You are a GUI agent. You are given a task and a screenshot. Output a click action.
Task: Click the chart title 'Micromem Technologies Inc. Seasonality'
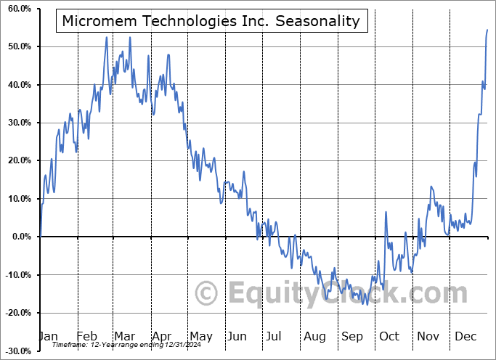(x=211, y=21)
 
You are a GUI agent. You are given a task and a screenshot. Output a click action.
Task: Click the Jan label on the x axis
(x=48, y=336)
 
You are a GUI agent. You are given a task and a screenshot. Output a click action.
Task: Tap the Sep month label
(x=351, y=336)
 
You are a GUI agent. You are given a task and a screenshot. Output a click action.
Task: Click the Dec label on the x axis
(x=465, y=336)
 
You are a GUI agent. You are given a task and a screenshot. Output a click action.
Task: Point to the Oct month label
(x=389, y=336)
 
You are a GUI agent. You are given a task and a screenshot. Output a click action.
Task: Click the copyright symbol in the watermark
(x=207, y=294)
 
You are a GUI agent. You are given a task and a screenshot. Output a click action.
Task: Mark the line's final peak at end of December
(x=487, y=30)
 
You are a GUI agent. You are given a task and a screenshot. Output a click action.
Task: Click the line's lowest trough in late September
(x=367, y=304)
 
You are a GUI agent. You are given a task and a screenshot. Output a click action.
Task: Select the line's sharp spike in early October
(x=386, y=212)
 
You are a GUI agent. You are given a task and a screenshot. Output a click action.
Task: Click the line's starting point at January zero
(x=41, y=237)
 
